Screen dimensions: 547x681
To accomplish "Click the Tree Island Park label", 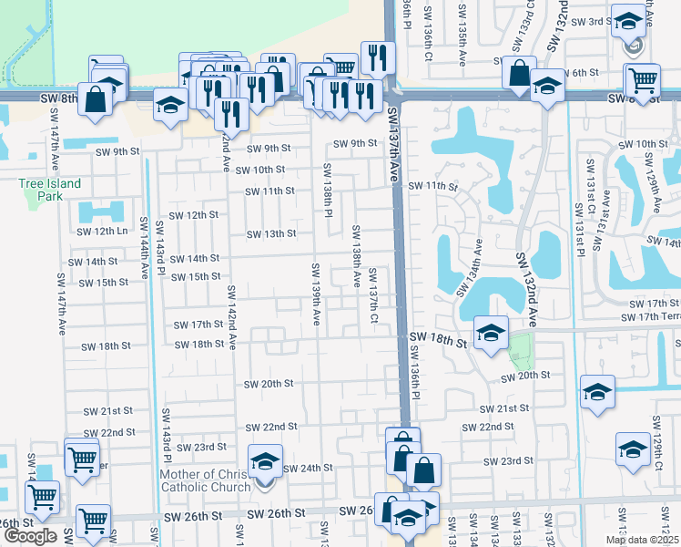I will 50,190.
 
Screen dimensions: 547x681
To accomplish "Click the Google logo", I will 30,536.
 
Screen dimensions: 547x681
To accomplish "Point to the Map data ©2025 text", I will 642,540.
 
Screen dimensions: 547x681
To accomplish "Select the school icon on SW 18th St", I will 490,333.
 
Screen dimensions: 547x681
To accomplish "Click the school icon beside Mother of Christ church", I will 265,461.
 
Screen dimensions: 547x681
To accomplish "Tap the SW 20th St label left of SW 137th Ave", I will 268,384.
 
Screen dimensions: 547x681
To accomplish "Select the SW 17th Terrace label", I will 650,316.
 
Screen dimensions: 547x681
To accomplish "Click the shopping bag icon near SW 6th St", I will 518,76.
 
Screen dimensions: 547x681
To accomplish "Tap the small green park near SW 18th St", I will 519,346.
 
